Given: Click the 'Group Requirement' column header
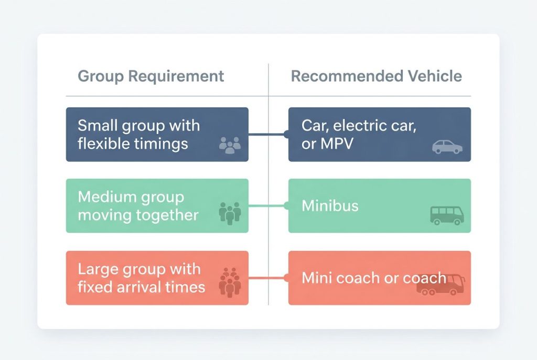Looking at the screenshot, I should click(x=151, y=76).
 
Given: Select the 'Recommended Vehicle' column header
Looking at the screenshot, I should click(x=376, y=76).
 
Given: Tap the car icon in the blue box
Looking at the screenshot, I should click(x=447, y=147).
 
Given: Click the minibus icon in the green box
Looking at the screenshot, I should click(x=447, y=215).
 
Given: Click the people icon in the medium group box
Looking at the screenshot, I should click(x=230, y=213).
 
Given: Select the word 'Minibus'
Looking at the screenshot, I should click(x=330, y=205).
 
